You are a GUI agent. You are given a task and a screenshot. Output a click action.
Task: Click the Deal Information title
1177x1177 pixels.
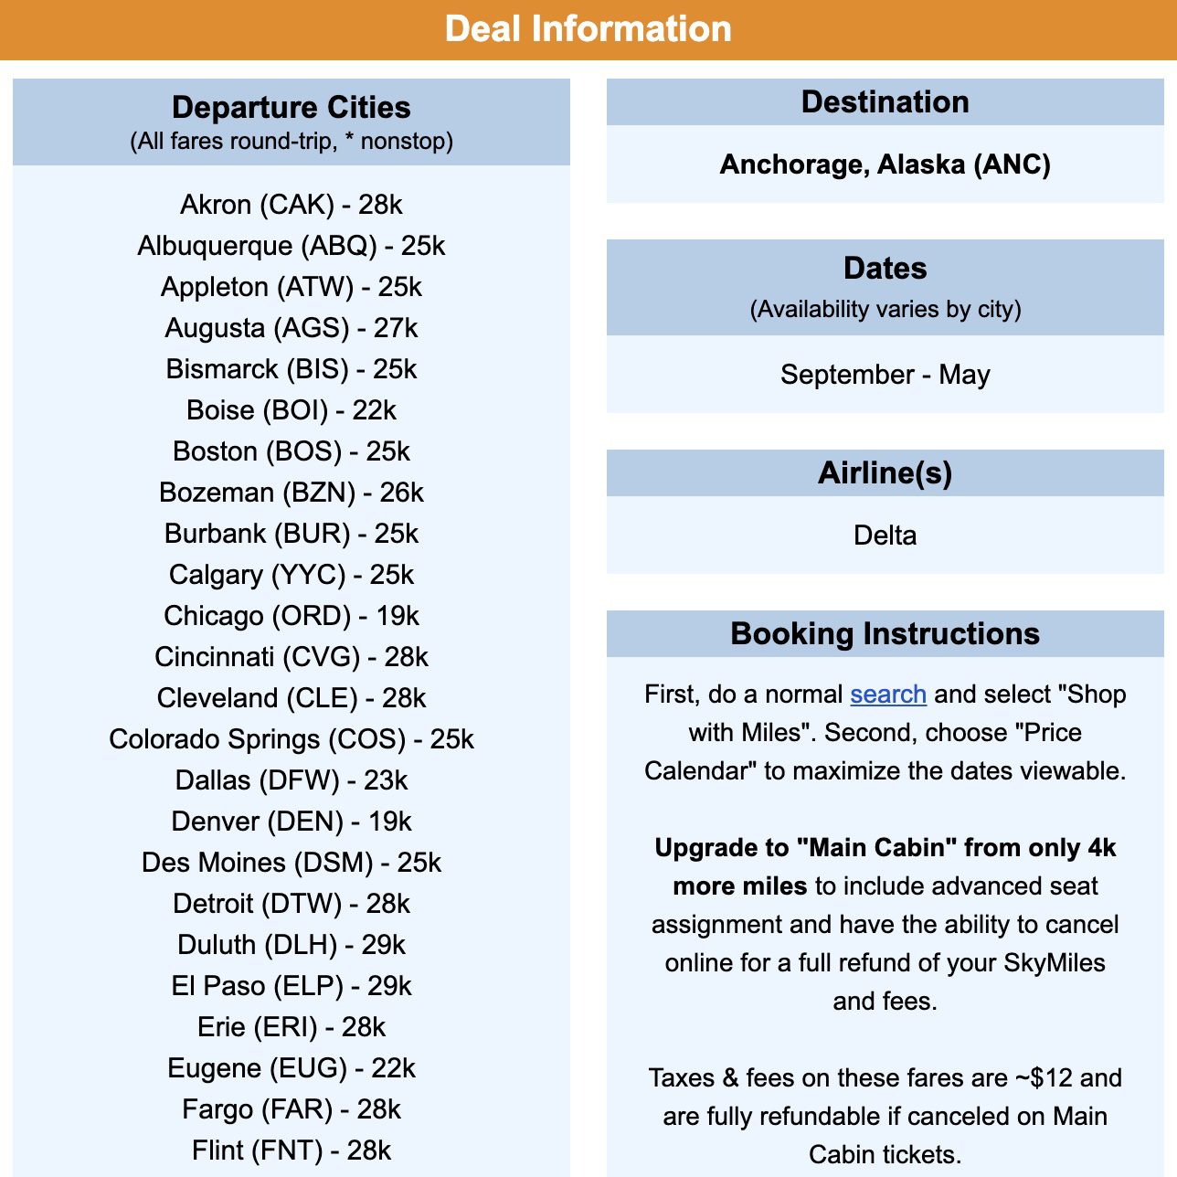click(588, 29)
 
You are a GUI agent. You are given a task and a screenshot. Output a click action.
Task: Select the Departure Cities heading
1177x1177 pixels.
click(291, 108)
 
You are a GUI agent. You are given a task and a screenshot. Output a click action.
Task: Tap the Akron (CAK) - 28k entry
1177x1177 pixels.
click(291, 205)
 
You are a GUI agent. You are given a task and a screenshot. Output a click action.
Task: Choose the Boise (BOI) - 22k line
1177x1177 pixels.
click(291, 410)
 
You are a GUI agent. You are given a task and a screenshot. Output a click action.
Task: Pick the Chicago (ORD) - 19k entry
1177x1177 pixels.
click(291, 616)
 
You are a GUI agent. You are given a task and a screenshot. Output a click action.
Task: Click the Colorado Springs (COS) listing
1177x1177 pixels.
click(291, 739)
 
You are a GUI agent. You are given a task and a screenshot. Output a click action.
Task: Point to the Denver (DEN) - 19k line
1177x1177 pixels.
click(291, 822)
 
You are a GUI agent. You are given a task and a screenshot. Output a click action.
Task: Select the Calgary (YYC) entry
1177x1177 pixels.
click(291, 575)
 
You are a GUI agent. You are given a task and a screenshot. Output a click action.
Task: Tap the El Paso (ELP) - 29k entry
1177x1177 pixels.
click(291, 986)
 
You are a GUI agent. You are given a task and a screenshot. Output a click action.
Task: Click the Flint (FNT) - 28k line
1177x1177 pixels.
click(291, 1150)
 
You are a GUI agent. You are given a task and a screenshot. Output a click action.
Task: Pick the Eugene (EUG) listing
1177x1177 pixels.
click(291, 1068)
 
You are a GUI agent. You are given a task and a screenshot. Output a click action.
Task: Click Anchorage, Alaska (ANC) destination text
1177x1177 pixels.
click(885, 164)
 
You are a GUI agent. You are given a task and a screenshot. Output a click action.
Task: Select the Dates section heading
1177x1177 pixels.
click(885, 269)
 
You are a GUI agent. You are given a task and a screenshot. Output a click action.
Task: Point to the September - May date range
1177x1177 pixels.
click(885, 375)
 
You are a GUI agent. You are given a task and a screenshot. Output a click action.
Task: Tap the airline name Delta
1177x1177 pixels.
click(885, 535)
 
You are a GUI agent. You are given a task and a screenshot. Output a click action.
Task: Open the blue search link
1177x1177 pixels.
click(887, 695)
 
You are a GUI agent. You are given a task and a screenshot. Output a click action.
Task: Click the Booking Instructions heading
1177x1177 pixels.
click(885, 634)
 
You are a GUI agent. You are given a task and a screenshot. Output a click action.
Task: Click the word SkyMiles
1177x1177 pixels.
click(1054, 963)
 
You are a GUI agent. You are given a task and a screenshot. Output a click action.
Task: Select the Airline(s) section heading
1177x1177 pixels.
click(885, 473)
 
